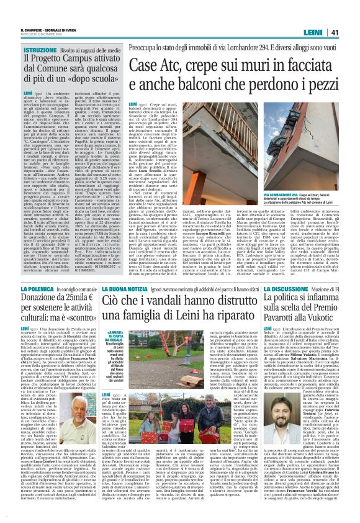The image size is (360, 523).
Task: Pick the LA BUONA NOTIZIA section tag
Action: click(121, 271)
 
